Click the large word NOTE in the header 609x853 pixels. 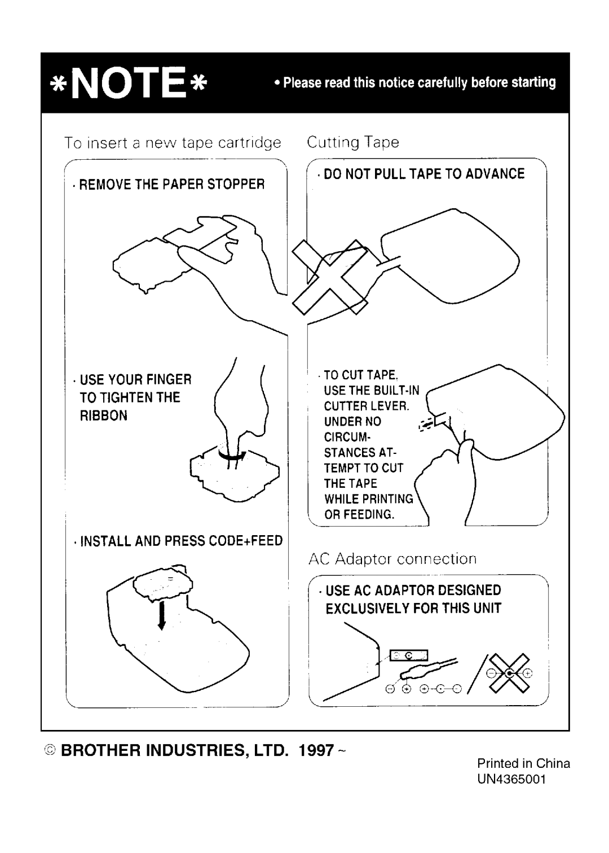pos(129,82)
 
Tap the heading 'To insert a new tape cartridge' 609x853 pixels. pos(173,143)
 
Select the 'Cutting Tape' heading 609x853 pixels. pos(353,142)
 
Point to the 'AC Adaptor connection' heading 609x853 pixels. pos(392,559)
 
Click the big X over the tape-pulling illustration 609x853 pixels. pos(330,277)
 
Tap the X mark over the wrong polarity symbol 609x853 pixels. pos(509,673)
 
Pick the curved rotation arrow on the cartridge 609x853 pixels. pos(232,454)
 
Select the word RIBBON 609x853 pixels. pos(103,416)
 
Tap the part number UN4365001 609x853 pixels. pos(511,780)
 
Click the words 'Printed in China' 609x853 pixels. pos(523,763)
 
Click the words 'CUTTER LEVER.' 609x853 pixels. pos(367,406)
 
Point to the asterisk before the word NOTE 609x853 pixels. pos(58,84)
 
